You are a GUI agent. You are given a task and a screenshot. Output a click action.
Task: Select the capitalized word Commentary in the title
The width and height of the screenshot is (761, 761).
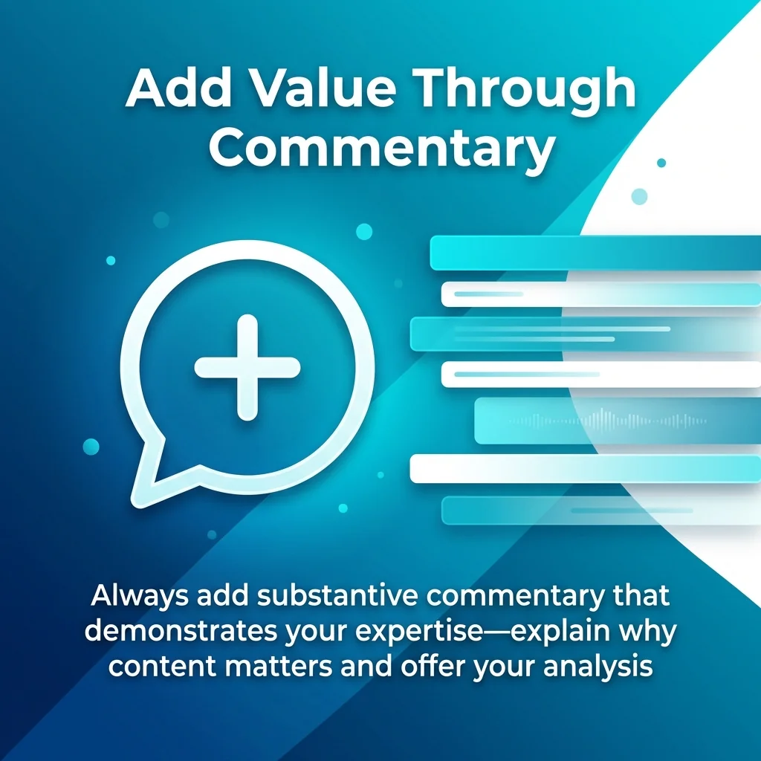[x=381, y=149]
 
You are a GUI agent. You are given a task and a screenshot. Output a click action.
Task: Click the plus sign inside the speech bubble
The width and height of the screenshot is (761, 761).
[x=247, y=366]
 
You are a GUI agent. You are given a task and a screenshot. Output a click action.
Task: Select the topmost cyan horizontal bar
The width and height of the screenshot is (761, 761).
[x=595, y=253]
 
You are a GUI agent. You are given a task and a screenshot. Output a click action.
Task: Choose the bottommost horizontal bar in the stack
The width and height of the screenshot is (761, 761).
[x=595, y=511]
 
